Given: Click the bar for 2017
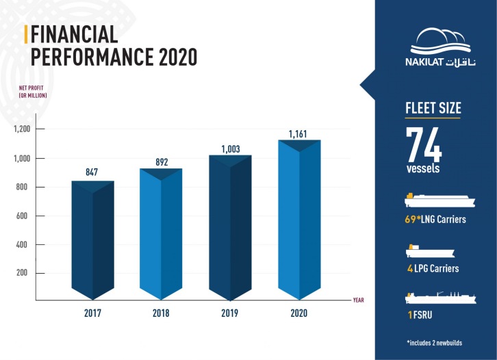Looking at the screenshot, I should coord(93,240).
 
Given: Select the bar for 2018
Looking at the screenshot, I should coord(162,233).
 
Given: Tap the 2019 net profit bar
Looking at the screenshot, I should coord(230,226).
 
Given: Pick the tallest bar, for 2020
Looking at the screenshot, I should coord(301,219).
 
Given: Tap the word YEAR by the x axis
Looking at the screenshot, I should coord(359,300).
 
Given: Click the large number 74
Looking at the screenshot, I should coord(424,144).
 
